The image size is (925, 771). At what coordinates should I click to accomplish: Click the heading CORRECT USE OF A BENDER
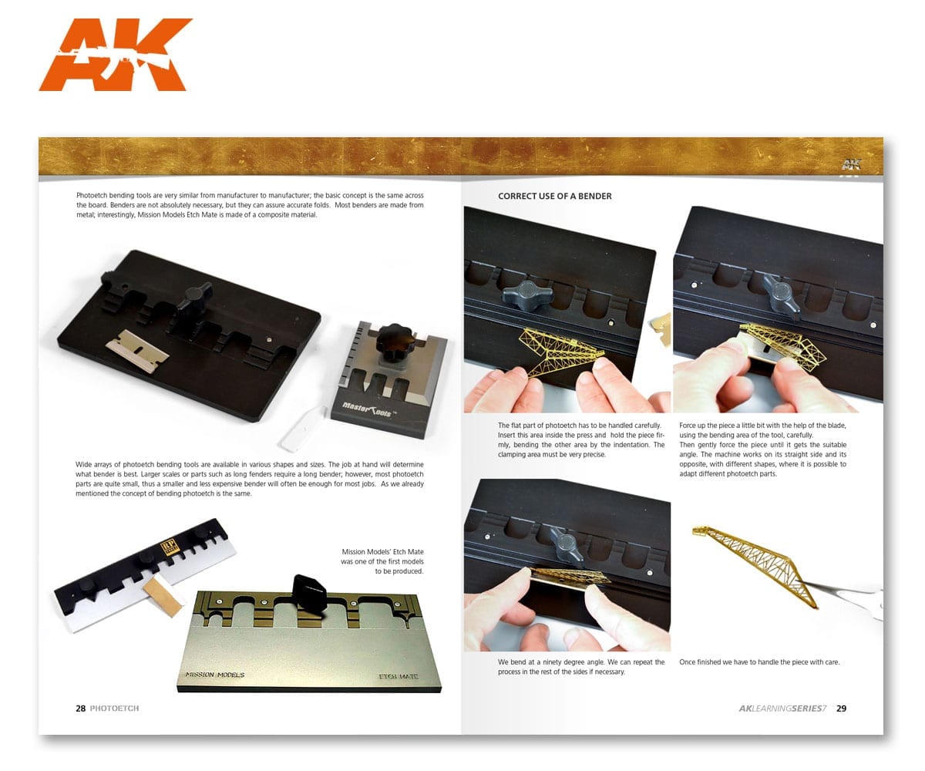(x=554, y=197)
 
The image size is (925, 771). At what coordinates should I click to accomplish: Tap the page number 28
(x=80, y=709)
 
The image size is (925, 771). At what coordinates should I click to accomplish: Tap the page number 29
(x=841, y=709)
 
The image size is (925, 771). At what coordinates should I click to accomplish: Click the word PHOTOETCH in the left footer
(x=114, y=709)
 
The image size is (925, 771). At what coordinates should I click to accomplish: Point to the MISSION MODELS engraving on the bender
(x=215, y=675)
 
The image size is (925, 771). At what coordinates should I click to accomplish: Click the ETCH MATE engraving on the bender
(x=399, y=677)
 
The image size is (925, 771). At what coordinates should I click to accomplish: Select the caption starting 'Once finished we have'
(x=758, y=662)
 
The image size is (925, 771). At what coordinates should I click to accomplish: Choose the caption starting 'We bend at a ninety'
(x=580, y=667)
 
